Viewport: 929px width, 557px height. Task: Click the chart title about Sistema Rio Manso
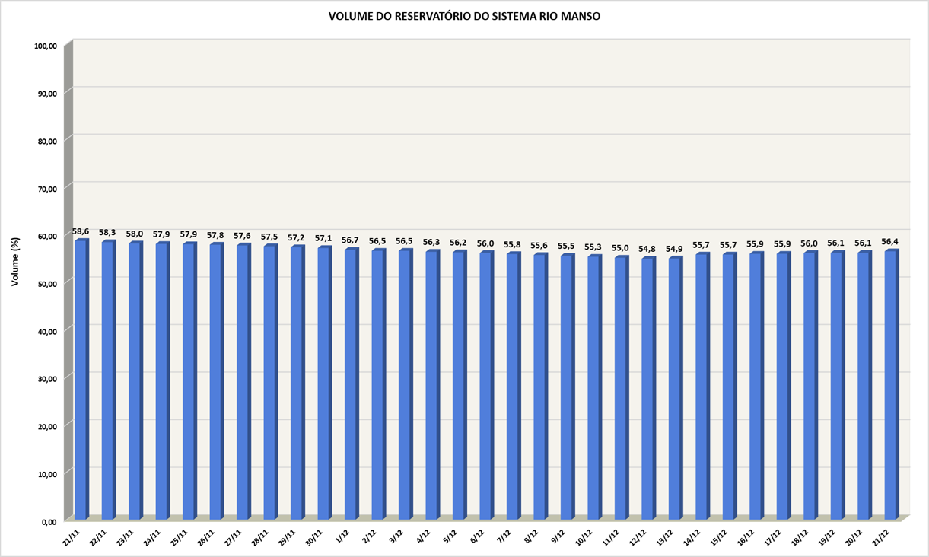pyautogui.click(x=464, y=16)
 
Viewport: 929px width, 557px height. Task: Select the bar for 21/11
pyautogui.click(x=81, y=380)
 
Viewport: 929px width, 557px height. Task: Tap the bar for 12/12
pyautogui.click(x=647, y=388)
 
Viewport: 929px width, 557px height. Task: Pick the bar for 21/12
pyautogui.click(x=890, y=384)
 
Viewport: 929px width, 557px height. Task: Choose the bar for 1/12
pyautogui.click(x=351, y=384)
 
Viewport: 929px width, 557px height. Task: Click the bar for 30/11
pyautogui.click(x=323, y=384)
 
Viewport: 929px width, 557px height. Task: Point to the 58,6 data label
pyautogui.click(x=81, y=231)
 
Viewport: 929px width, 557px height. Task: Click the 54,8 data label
pyautogui.click(x=647, y=249)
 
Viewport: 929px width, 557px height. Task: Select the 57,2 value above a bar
pyautogui.click(x=297, y=238)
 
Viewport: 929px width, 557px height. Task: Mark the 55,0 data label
pyautogui.click(x=620, y=248)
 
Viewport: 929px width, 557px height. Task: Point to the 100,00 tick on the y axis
pyautogui.click(x=46, y=46)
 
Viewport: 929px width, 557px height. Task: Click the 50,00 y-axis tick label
pyautogui.click(x=46, y=284)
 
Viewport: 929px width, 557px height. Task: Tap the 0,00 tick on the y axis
pyautogui.click(x=49, y=521)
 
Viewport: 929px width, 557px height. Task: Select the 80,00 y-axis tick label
pyautogui.click(x=46, y=141)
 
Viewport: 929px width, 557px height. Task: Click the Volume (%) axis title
pyautogui.click(x=15, y=261)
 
